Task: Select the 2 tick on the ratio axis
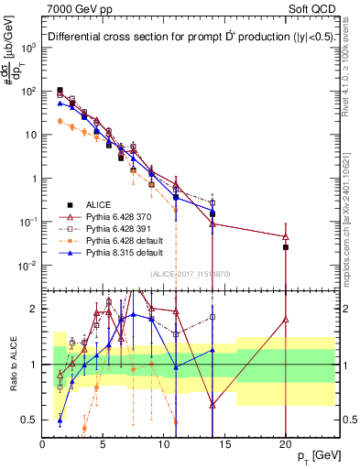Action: coord(34,308)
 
